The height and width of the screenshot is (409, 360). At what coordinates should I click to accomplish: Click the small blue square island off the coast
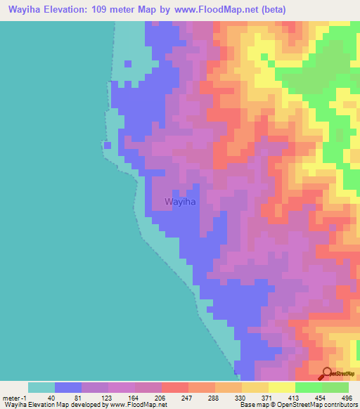coord(108,145)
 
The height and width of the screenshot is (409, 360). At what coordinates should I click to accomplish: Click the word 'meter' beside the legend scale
coord(12,397)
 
